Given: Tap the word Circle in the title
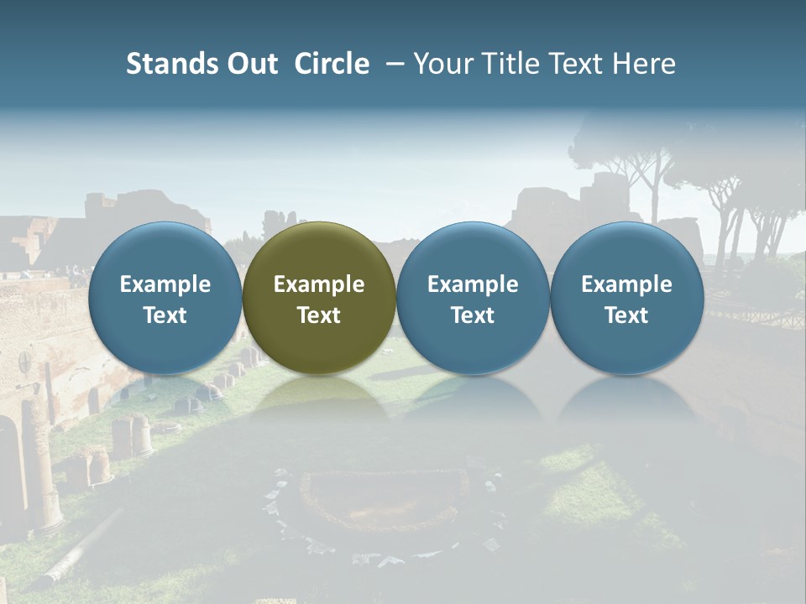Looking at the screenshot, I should (x=332, y=64).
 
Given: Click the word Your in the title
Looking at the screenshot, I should (x=442, y=64).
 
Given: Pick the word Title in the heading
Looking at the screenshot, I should (x=511, y=64).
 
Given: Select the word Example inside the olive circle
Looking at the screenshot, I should (x=319, y=284).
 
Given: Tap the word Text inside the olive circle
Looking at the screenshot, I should (x=319, y=315).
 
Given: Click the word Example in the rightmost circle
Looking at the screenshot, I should (x=626, y=284).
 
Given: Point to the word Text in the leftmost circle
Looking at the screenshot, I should (x=165, y=315).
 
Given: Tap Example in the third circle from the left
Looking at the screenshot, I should (x=473, y=284).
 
